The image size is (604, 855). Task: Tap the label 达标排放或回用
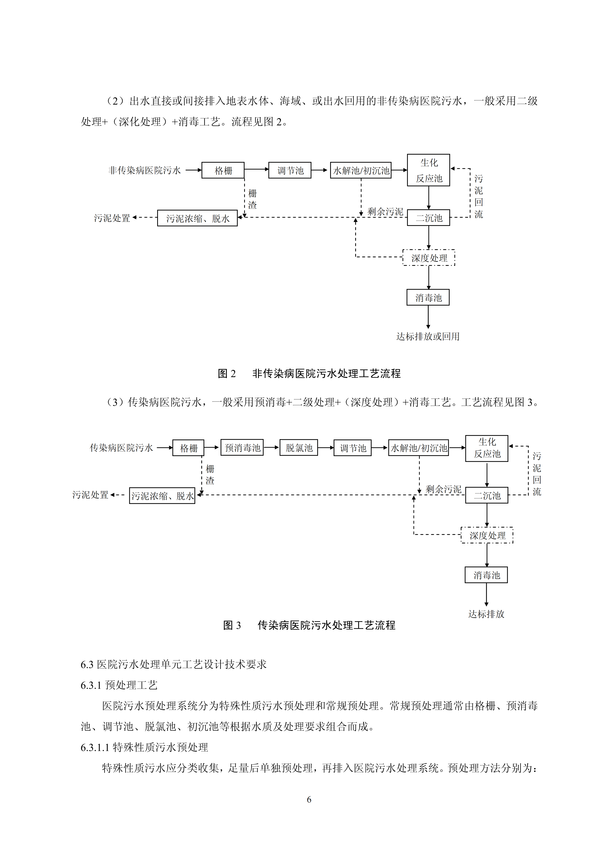coord(428,336)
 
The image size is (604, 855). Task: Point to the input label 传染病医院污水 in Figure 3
coord(121,448)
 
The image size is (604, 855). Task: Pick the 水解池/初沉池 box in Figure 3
coord(419,448)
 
